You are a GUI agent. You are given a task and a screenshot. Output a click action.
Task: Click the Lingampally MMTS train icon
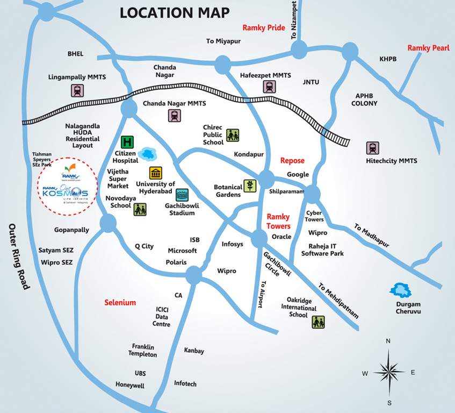pyautogui.click(x=77, y=90)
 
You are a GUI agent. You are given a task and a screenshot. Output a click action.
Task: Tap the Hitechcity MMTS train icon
pyautogui.click(x=372, y=147)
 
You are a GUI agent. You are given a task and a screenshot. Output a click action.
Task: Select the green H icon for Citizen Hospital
pyautogui.click(x=127, y=143)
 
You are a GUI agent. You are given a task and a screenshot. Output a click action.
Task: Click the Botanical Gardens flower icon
pyautogui.click(x=250, y=186)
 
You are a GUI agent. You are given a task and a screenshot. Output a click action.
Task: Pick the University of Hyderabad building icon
pyautogui.click(x=156, y=173)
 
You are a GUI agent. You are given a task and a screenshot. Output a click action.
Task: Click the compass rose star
pyautogui.click(x=388, y=372)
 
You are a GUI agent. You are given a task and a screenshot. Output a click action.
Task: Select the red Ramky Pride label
pyautogui.click(x=263, y=28)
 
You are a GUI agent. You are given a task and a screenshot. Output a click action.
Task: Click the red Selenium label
pyautogui.click(x=120, y=303)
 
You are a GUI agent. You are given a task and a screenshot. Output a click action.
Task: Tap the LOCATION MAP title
pyautogui.click(x=174, y=12)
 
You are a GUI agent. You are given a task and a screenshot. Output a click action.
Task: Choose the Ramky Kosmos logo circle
pyautogui.click(x=68, y=186)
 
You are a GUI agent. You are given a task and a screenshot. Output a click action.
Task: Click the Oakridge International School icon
pyautogui.click(x=318, y=322)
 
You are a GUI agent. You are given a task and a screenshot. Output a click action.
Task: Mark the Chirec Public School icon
pyautogui.click(x=232, y=135)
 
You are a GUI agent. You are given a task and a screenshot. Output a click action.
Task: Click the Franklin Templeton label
pyautogui.click(x=142, y=351)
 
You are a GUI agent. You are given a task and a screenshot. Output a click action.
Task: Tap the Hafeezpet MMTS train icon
pyautogui.click(x=269, y=87)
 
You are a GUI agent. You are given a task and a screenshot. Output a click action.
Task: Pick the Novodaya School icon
pyautogui.click(x=140, y=209)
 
